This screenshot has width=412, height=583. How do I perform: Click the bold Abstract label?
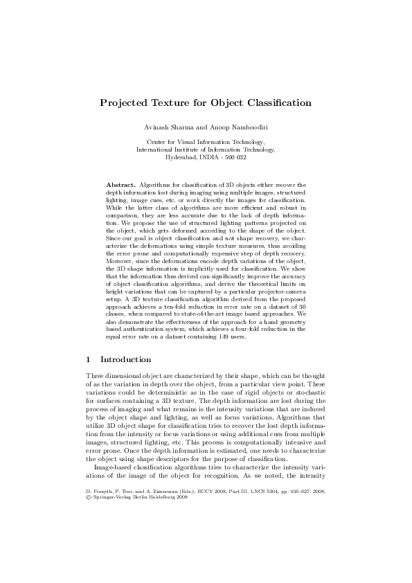click(x=120, y=186)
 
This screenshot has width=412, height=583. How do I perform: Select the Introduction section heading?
click(x=126, y=360)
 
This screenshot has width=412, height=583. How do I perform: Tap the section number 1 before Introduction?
click(x=88, y=360)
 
